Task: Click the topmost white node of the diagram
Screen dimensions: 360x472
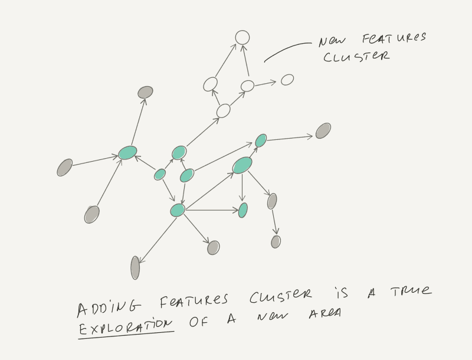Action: (x=242, y=37)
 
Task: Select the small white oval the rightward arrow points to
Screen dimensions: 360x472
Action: (x=287, y=80)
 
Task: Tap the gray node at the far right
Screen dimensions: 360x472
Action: (x=323, y=131)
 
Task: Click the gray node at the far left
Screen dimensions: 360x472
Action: (x=65, y=168)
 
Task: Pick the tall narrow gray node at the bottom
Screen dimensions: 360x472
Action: (x=135, y=268)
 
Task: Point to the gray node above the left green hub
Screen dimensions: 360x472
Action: (x=145, y=92)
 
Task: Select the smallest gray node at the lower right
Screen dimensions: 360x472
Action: (x=276, y=241)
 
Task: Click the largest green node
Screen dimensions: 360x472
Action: (x=242, y=165)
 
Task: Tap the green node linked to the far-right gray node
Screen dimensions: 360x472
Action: (x=261, y=140)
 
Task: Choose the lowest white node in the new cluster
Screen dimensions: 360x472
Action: (x=223, y=110)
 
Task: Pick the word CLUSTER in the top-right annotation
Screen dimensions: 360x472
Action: (x=356, y=57)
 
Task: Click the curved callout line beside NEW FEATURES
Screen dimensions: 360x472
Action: (x=286, y=50)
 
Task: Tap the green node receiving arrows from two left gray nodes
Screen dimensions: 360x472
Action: (x=127, y=153)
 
